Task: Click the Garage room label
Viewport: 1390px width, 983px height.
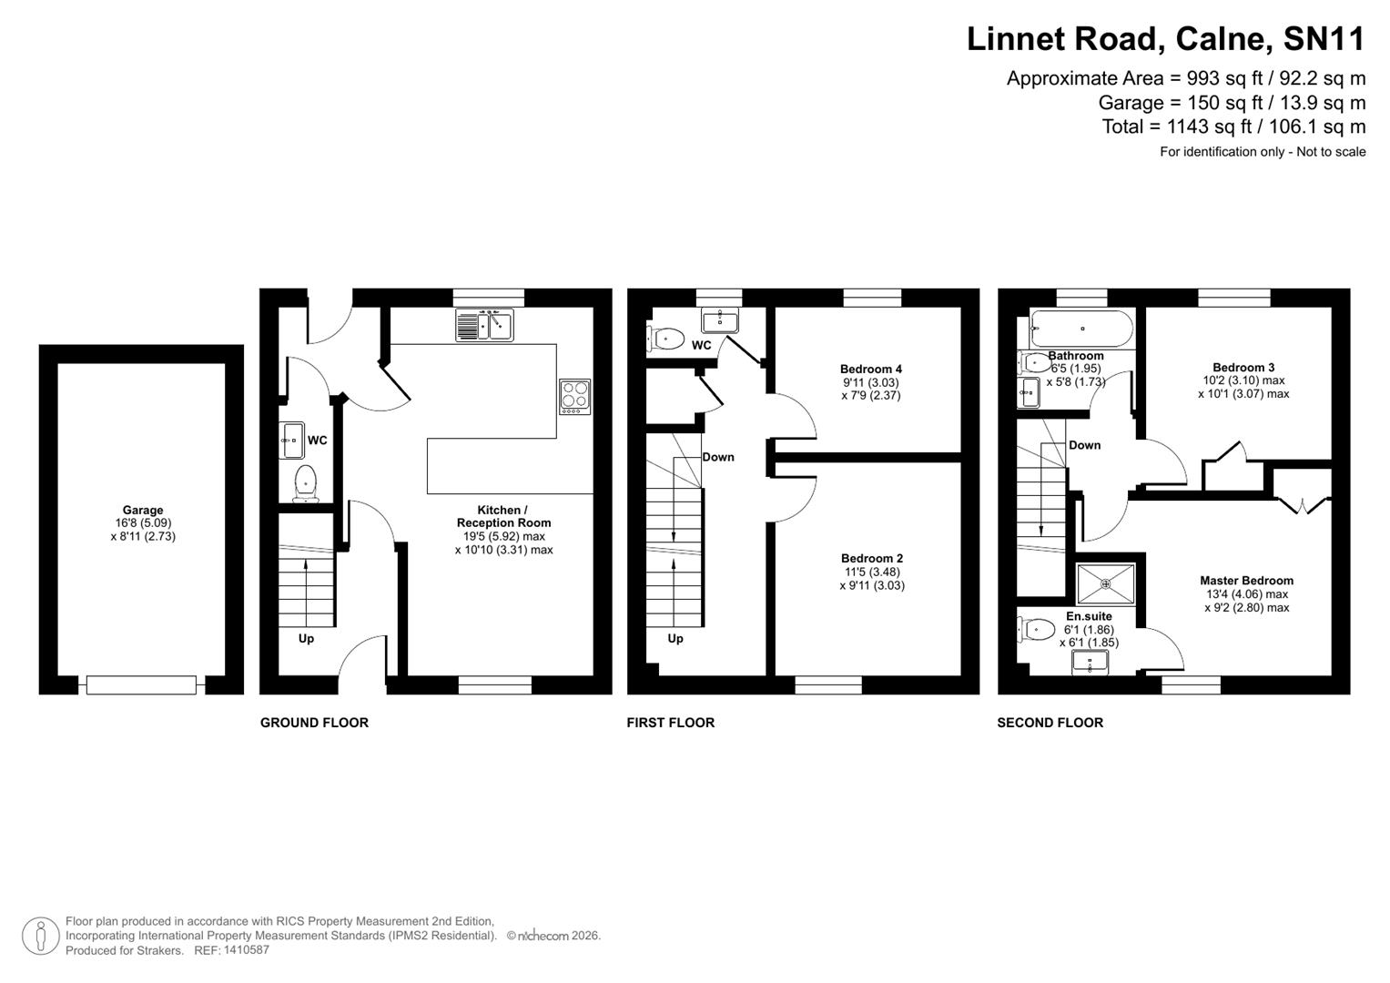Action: (143, 511)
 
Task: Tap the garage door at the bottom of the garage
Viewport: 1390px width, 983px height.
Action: (141, 684)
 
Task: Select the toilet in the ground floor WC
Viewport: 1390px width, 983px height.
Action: (305, 482)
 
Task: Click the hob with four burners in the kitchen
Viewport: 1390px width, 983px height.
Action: (574, 396)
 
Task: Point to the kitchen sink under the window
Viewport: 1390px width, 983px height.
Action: (484, 325)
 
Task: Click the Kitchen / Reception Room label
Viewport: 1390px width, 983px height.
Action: (503, 516)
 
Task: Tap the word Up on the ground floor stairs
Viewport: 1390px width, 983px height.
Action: (306, 639)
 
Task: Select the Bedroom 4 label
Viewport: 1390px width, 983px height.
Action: (870, 369)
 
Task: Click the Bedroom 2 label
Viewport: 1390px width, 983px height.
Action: (871, 558)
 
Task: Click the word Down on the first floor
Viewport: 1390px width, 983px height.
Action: (717, 457)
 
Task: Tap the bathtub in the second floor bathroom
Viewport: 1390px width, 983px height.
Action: (1081, 329)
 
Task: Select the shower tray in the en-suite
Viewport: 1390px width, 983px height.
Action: (1105, 583)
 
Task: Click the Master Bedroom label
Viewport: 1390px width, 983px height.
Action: (1245, 581)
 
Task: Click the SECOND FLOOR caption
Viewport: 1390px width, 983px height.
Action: (1050, 723)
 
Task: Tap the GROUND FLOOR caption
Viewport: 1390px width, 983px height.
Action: (314, 723)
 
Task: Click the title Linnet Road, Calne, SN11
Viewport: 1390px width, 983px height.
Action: (1165, 39)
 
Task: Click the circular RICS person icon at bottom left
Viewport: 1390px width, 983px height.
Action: (40, 936)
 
